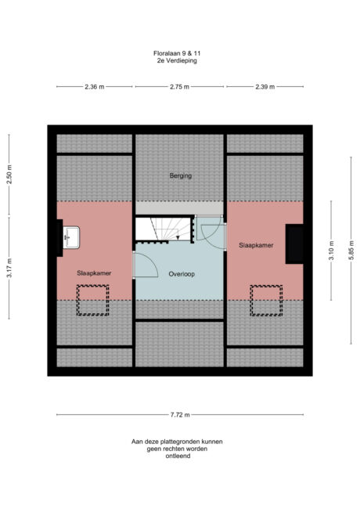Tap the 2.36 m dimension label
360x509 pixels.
point(94,87)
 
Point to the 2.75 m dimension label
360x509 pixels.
point(180,87)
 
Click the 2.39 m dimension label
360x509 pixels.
point(265,87)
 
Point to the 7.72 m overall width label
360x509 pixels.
point(180,414)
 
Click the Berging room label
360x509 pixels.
point(180,176)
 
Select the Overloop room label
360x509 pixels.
point(181,274)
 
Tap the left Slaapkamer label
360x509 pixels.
point(94,273)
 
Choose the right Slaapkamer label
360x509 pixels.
point(256,246)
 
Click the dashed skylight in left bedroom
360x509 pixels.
point(92,300)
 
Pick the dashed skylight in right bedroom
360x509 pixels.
point(265,300)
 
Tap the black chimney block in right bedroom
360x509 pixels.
point(295,243)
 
